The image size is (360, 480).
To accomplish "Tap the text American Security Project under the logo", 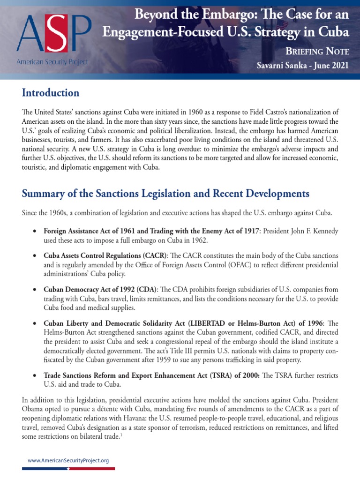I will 52,61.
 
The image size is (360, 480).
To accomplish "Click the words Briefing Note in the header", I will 320,51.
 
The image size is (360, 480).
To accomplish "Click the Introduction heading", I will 51,93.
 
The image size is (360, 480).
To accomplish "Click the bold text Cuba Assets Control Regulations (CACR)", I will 105,256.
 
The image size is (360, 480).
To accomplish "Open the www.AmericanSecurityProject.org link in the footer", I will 68,461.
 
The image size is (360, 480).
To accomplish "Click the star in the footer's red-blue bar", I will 69,468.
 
